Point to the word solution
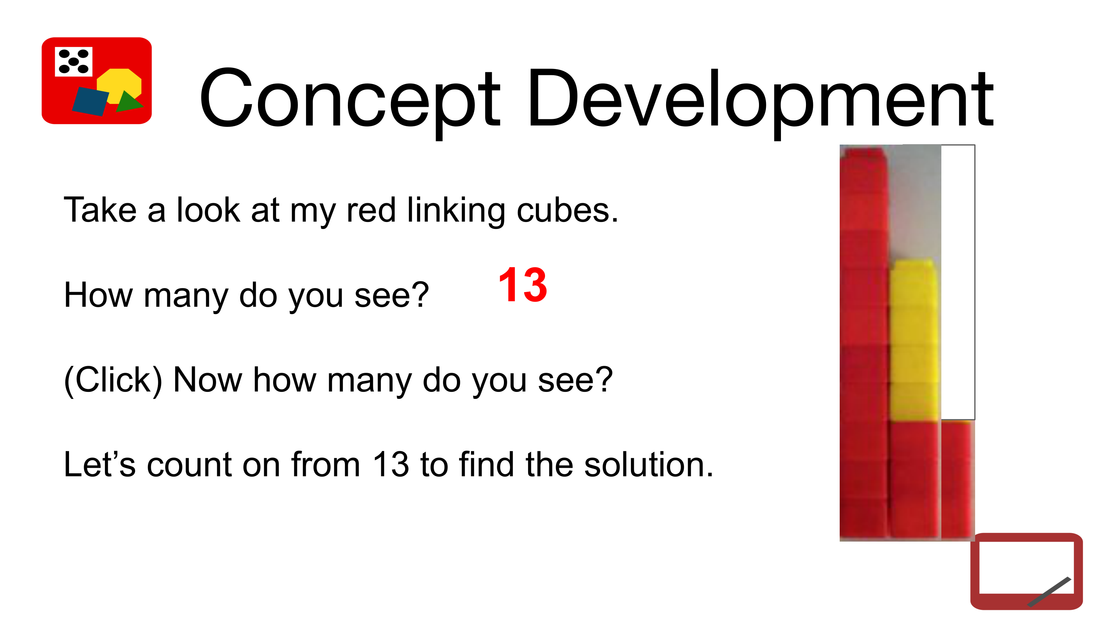coord(649,465)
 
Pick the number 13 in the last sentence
coord(390,465)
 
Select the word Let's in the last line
coord(99,465)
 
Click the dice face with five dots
coord(73,62)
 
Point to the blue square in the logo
coord(90,101)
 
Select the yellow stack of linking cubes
coord(914,340)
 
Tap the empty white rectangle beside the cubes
coord(958,282)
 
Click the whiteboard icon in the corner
coord(1026,571)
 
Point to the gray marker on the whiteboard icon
coord(1049,591)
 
